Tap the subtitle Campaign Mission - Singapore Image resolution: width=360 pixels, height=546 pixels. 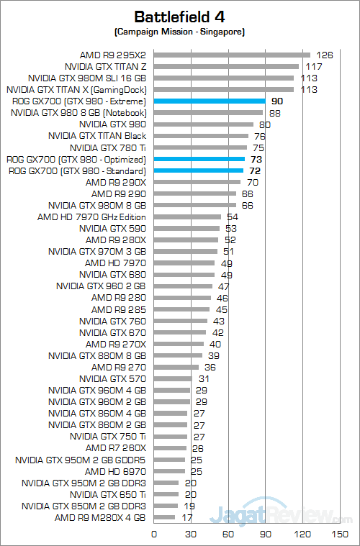[x=179, y=32]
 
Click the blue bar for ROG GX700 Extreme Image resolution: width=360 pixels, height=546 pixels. [x=210, y=101]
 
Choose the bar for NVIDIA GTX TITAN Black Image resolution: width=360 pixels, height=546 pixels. [x=201, y=136]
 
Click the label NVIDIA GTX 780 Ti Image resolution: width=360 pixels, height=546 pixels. [x=110, y=147]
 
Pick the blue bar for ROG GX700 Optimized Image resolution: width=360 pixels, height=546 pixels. [x=199, y=159]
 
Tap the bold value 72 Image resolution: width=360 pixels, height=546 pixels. [x=255, y=170]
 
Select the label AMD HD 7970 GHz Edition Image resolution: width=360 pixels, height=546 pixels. [x=91, y=217]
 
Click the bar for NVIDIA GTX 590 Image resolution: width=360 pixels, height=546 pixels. [x=186, y=229]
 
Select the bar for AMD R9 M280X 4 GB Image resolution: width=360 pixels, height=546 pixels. [x=164, y=517]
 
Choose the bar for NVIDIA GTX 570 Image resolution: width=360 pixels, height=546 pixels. [x=173, y=378]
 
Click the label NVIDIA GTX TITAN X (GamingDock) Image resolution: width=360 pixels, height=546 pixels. [x=76, y=90]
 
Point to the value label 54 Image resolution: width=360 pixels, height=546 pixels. [x=233, y=217]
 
